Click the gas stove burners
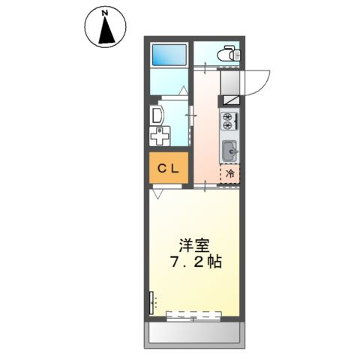click(x=229, y=120)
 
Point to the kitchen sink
click(x=229, y=151)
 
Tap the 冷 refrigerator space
click(x=230, y=173)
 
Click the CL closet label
click(x=167, y=169)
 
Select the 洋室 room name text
click(x=193, y=246)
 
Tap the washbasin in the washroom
click(x=157, y=115)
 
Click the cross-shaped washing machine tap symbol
click(x=158, y=137)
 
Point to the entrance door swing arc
click(x=258, y=81)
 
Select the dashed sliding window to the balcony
click(x=193, y=316)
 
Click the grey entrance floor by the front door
click(x=229, y=78)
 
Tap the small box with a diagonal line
click(x=229, y=97)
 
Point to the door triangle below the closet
click(x=157, y=193)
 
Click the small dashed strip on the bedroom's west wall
click(x=151, y=302)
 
